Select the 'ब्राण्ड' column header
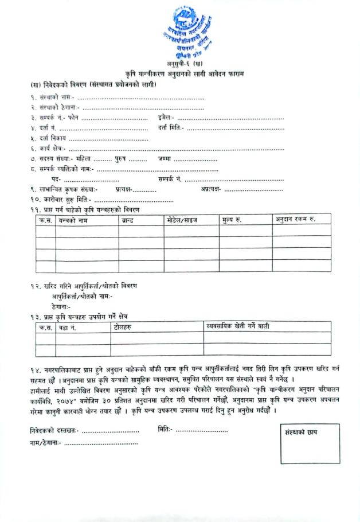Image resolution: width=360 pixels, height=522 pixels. click(128, 220)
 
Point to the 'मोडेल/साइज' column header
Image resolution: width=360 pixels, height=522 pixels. click(182, 220)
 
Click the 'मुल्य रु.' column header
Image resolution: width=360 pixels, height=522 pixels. click(232, 220)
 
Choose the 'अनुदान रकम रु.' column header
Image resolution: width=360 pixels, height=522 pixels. click(295, 219)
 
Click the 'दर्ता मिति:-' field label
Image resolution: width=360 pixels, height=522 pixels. click(171, 127)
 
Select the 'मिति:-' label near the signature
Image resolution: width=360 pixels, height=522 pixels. click(164, 429)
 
